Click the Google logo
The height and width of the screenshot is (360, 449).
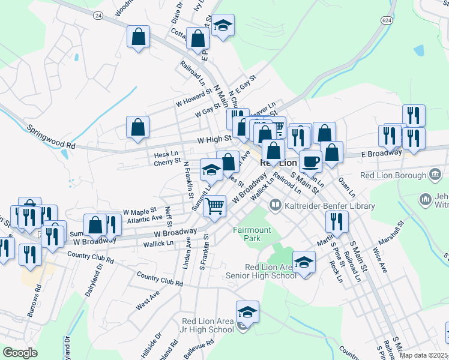coord(20,353)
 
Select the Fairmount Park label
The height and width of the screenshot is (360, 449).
coord(252,233)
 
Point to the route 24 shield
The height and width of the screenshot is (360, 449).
coord(98,16)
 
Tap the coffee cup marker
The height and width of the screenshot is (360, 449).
coord(310,161)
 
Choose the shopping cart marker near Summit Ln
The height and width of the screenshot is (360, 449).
coord(214,206)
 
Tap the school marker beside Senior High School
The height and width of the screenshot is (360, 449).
coord(304,263)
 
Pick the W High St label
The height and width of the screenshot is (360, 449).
coord(215,139)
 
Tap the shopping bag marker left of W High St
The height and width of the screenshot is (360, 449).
coord(138,128)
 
